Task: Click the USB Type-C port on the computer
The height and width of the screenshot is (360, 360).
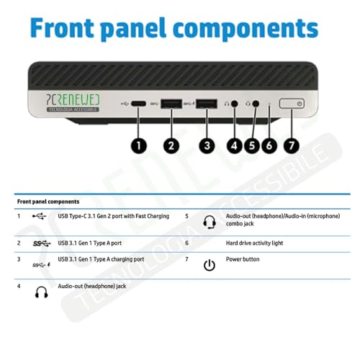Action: click(138, 104)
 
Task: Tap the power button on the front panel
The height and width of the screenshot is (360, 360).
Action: click(292, 104)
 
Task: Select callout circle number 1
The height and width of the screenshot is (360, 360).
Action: click(139, 145)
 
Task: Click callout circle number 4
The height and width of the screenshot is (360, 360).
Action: click(234, 145)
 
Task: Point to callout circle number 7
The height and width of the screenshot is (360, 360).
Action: click(292, 145)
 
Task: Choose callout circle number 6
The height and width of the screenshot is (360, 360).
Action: click(269, 145)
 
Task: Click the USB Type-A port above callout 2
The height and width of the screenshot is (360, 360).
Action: click(171, 104)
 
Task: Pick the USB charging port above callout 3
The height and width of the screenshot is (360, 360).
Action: click(207, 104)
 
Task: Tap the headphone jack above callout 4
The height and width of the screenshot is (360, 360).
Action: click(235, 104)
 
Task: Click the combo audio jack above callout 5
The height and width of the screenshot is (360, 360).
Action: click(256, 104)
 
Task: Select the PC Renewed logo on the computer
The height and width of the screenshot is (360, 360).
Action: click(73, 103)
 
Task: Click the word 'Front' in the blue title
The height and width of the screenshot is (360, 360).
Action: click(62, 27)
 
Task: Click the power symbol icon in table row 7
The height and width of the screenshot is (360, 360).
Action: click(210, 265)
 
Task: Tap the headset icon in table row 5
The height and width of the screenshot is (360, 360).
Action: click(210, 222)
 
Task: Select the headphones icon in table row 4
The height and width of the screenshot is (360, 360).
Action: click(42, 292)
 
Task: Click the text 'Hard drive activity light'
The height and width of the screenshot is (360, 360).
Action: click(254, 243)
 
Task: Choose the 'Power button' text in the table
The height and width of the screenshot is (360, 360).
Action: click(243, 259)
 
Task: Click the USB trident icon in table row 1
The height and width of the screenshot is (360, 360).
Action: click(39, 216)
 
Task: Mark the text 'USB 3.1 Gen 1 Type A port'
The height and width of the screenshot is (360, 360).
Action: click(90, 243)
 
